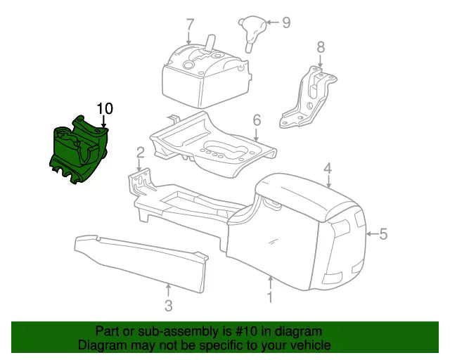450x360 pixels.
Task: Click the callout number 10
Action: pyautogui.click(x=105, y=108)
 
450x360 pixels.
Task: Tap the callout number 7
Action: pyautogui.click(x=189, y=24)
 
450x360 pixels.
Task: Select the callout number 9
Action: pyautogui.click(x=286, y=22)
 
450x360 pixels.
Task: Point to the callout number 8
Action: pyautogui.click(x=321, y=47)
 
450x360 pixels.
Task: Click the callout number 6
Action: pyautogui.click(x=257, y=120)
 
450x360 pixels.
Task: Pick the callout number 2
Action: pyautogui.click(x=141, y=151)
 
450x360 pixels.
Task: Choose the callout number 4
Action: pyautogui.click(x=328, y=167)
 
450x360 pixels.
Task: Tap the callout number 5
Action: pyautogui.click(x=383, y=233)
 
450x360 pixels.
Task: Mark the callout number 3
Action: pyautogui.click(x=169, y=306)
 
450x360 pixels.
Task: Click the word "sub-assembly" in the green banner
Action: pyautogui.click(x=177, y=331)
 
